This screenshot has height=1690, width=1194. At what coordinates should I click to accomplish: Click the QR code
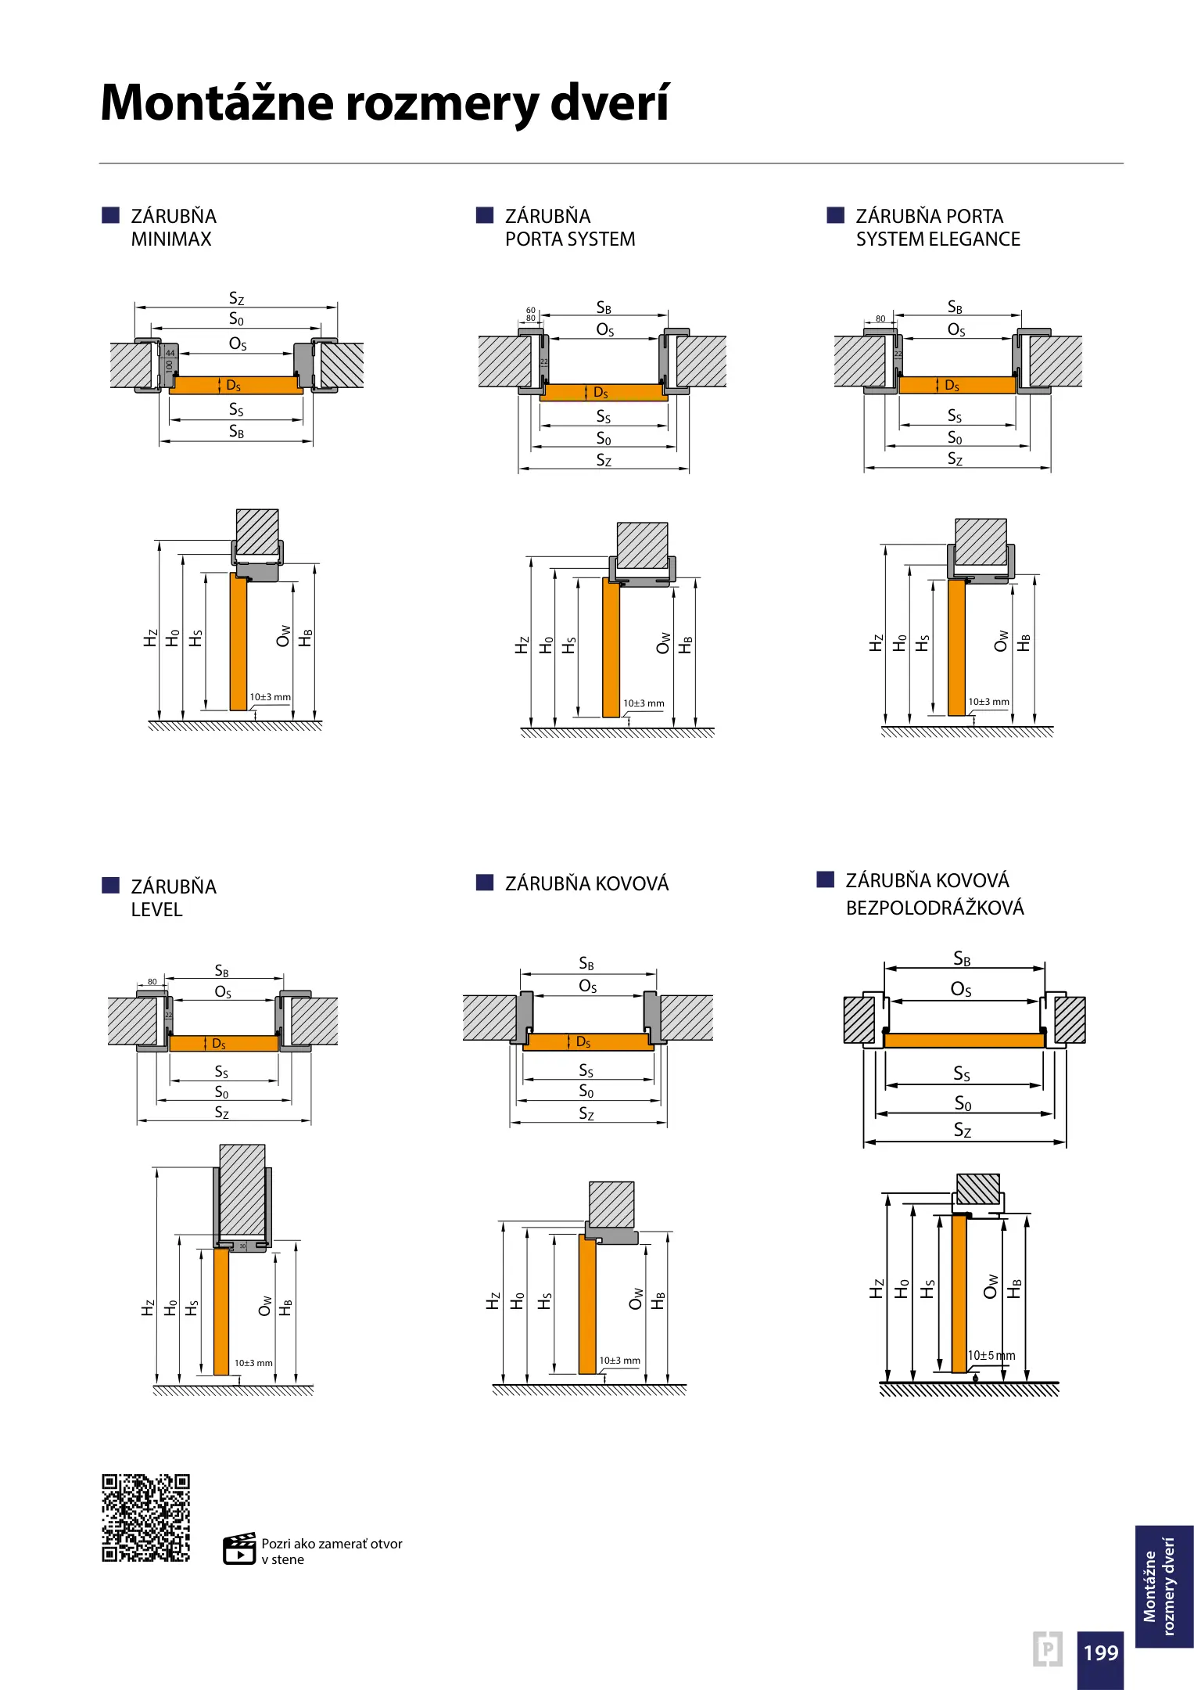(145, 1518)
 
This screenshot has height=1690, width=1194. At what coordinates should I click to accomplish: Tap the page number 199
(1100, 1652)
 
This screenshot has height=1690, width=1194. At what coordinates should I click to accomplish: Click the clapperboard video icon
(239, 1549)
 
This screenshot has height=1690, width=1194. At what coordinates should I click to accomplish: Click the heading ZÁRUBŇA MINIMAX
(173, 228)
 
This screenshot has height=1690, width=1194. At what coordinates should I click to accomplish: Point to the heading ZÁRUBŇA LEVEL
(173, 897)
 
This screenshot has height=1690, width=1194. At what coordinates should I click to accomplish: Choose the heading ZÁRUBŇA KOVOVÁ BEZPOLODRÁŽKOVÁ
(934, 894)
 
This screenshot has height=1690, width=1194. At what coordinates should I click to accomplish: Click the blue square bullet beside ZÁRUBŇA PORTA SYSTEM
(485, 216)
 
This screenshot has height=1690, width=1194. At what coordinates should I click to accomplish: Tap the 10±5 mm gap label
(991, 1355)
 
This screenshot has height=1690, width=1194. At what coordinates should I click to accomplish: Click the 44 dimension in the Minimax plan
(170, 354)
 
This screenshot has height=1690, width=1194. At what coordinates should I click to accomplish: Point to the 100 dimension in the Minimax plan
(169, 366)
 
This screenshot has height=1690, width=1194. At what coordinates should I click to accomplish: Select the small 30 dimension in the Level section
(242, 1246)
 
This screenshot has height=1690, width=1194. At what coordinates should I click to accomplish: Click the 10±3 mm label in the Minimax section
(270, 697)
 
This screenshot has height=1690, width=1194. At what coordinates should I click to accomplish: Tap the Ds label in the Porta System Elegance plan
(952, 385)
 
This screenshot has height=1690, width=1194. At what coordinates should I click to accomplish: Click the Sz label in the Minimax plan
(236, 298)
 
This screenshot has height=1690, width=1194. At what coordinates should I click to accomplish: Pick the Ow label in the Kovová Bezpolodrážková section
(991, 1286)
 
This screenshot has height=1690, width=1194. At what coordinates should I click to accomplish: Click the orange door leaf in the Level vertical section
(221, 1311)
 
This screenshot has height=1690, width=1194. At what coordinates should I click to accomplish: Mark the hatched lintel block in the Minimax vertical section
(257, 532)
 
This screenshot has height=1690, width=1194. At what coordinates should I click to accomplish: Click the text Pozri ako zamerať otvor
(332, 1544)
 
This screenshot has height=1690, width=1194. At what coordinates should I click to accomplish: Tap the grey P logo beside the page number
(1047, 1649)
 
